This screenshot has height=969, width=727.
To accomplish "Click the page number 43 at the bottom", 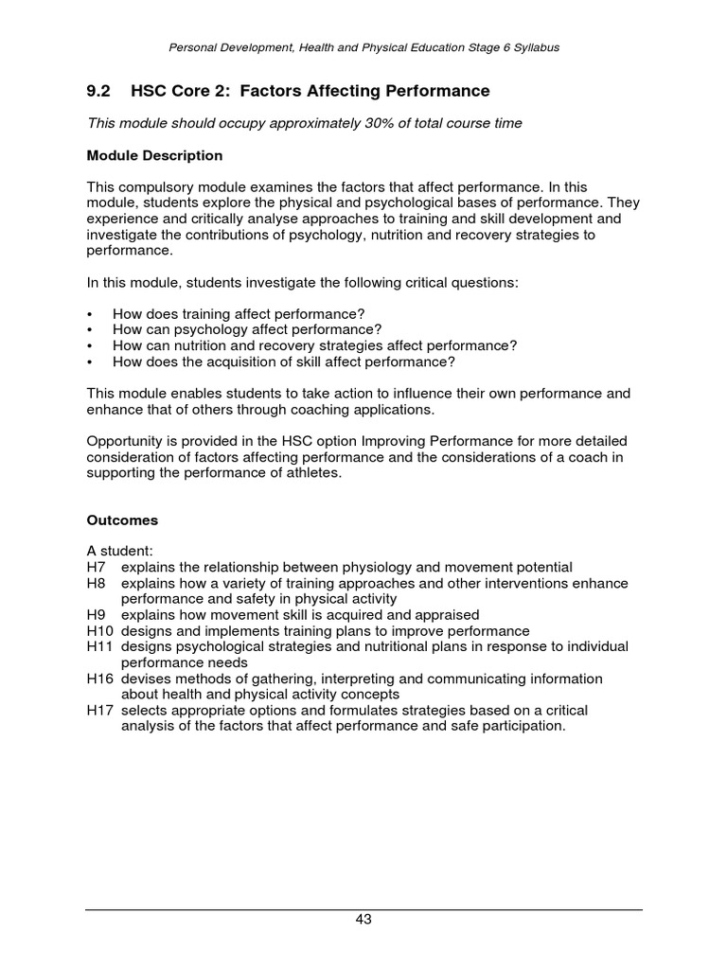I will pyautogui.click(x=363, y=919).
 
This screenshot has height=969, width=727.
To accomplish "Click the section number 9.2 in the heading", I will pyautogui.click(x=98, y=91).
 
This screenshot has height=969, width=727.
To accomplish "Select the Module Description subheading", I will pyautogui.click(x=154, y=155).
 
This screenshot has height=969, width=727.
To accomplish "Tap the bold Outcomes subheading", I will pyautogui.click(x=122, y=520).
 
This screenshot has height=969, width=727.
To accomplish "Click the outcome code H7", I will pyautogui.click(x=98, y=567).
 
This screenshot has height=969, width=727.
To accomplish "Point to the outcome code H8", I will pyautogui.click(x=98, y=583).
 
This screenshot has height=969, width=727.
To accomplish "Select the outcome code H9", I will pyautogui.click(x=98, y=615).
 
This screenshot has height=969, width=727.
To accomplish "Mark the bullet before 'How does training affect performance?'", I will pyautogui.click(x=90, y=314).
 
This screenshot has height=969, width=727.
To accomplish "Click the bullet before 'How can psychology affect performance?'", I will pyautogui.click(x=90, y=329).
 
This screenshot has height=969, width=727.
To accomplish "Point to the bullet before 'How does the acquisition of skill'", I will pyautogui.click(x=90, y=361).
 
